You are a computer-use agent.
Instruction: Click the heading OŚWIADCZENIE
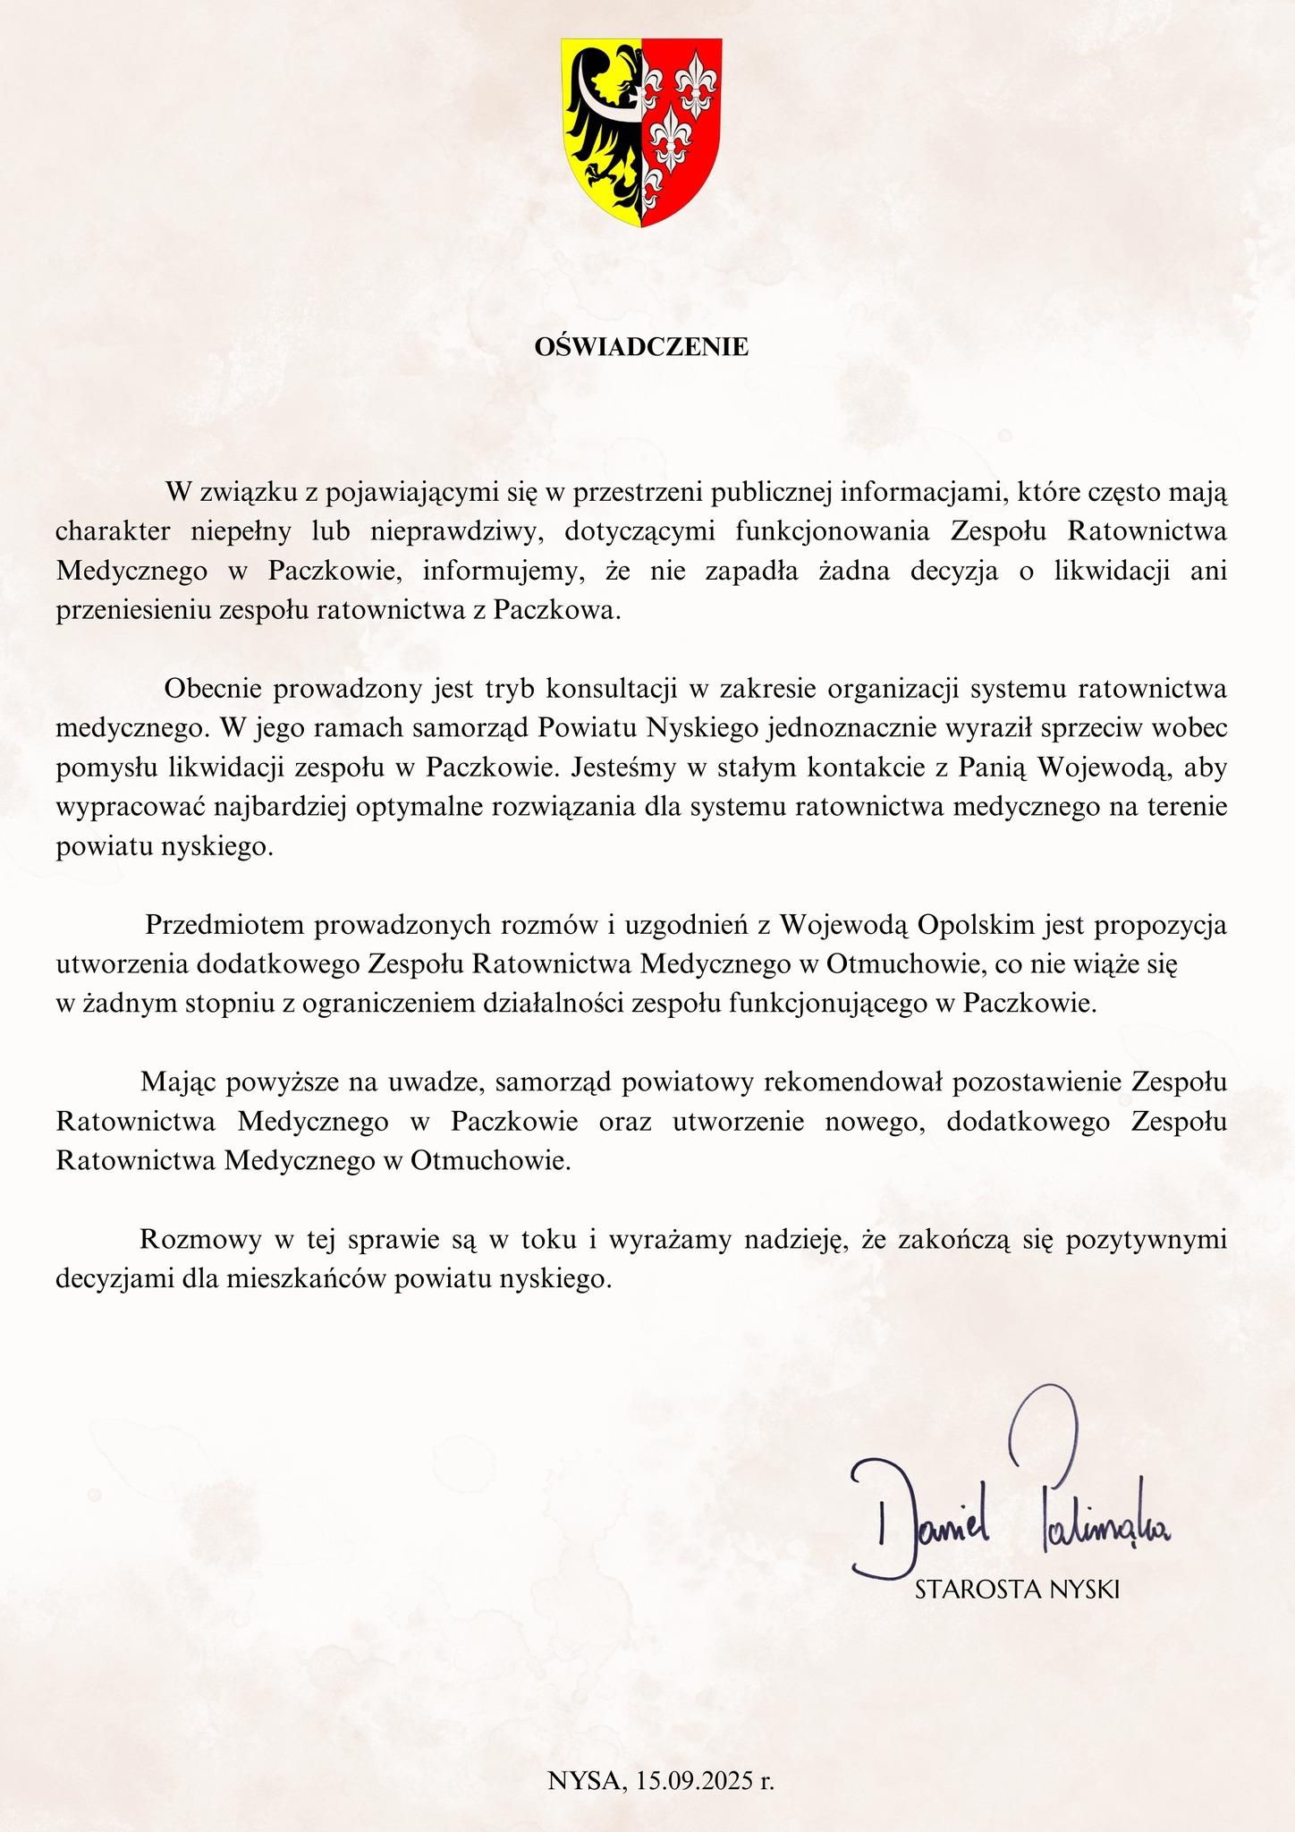coord(641,347)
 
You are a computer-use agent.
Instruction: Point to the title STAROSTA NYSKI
coord(1018,1590)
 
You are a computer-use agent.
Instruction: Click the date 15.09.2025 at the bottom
coord(705,1780)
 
